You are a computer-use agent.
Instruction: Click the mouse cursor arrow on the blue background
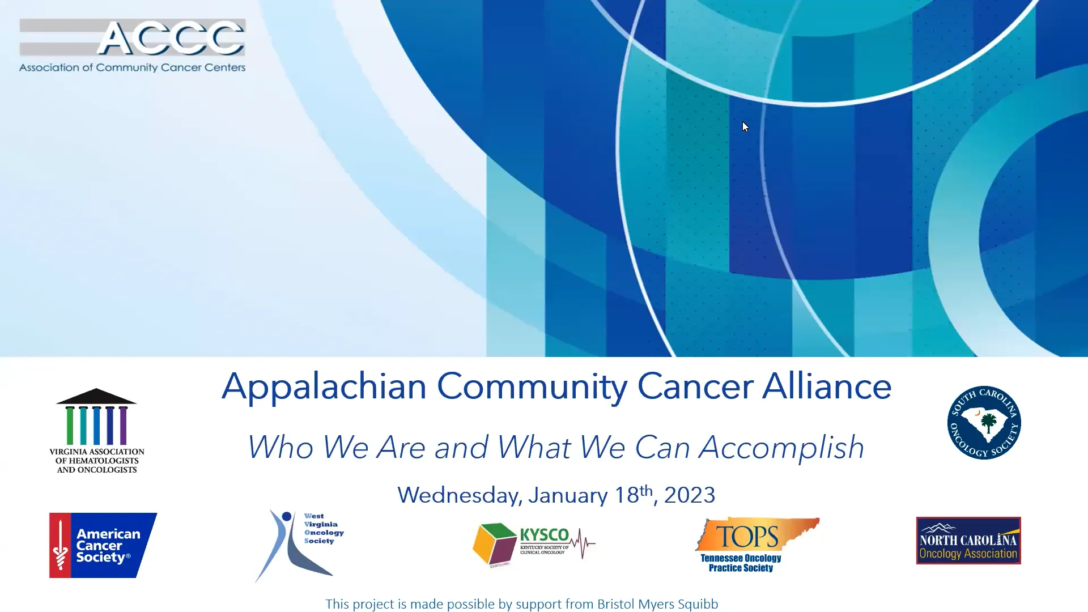[745, 127]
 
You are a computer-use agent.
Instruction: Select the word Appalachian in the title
[324, 387]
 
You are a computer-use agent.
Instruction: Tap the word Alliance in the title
[827, 387]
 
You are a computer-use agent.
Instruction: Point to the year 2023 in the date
[690, 495]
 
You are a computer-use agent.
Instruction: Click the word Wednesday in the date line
[460, 495]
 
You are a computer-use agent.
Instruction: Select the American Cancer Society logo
[103, 545]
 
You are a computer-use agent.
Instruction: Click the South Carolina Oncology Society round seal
[984, 423]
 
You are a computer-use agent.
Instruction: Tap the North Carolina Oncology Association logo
[968, 541]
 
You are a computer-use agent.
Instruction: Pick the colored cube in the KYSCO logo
[494, 543]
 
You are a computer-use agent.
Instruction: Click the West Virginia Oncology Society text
[323, 529]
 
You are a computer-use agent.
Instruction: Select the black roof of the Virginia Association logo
[96, 397]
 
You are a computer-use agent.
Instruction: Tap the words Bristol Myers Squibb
[657, 604]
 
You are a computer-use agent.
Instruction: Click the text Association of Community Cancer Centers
[132, 67]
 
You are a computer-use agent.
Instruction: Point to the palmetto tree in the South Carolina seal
[988, 423]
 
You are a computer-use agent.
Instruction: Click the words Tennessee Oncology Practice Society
[741, 563]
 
